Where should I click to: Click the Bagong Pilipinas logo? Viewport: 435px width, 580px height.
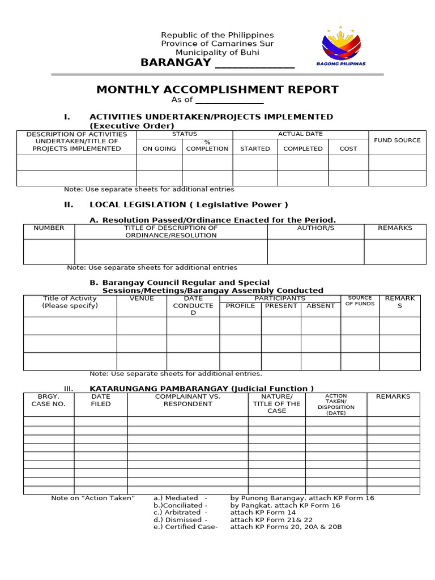(340, 46)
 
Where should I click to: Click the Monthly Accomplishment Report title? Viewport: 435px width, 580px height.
(217, 89)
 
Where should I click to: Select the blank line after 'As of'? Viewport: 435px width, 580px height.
(229, 100)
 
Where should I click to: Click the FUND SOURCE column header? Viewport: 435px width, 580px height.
(397, 140)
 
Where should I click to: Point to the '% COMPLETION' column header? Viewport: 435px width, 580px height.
(207, 146)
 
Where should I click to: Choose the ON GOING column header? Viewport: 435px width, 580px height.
(159, 148)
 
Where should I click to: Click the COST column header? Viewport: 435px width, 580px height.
(348, 148)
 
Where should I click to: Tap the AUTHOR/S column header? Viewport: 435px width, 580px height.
(315, 228)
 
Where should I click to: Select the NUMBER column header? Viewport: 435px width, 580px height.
(49, 228)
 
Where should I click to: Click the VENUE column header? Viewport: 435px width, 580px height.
(142, 298)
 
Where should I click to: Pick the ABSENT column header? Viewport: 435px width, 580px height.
(321, 306)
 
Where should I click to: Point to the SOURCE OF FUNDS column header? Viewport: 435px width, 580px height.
(360, 301)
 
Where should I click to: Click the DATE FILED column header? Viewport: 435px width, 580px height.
(101, 400)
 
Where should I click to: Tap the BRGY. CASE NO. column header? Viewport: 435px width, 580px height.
(49, 400)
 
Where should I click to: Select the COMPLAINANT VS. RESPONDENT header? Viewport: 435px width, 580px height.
(187, 400)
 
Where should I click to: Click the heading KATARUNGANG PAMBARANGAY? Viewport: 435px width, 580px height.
(202, 389)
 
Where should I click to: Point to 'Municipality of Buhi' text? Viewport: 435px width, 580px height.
(217, 52)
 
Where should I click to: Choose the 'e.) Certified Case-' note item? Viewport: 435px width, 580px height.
(185, 527)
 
